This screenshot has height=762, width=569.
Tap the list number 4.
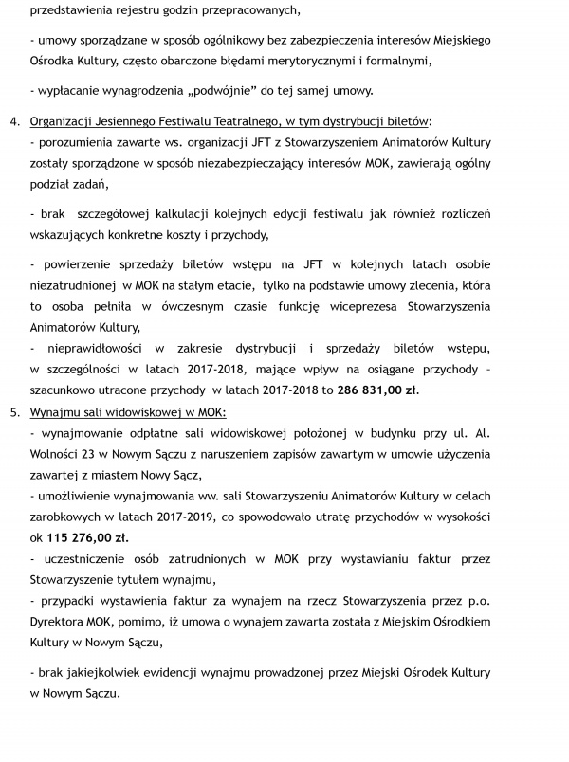13,123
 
